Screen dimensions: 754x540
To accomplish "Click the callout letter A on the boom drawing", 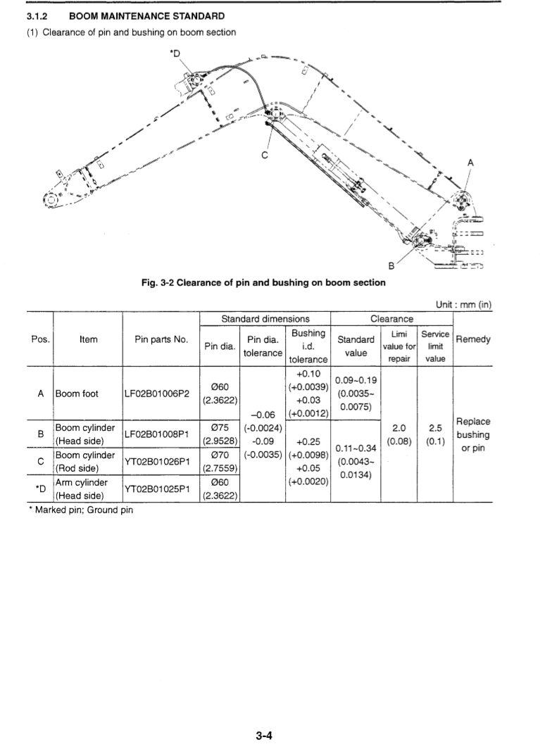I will click(471, 163).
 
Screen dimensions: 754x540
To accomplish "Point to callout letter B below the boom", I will click(392, 266).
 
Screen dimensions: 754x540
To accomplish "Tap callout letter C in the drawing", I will click(263, 156).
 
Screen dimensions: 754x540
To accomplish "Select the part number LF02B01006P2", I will click(161, 394).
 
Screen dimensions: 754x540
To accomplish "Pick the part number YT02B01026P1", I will click(161, 463).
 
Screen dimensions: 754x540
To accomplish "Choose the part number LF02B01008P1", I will click(161, 434).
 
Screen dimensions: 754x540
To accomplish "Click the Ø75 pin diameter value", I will click(221, 427).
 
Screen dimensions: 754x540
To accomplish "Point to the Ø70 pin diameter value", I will click(221, 455).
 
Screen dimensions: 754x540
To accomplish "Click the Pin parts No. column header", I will click(161, 339).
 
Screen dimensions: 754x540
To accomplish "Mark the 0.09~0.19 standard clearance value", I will click(357, 381).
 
